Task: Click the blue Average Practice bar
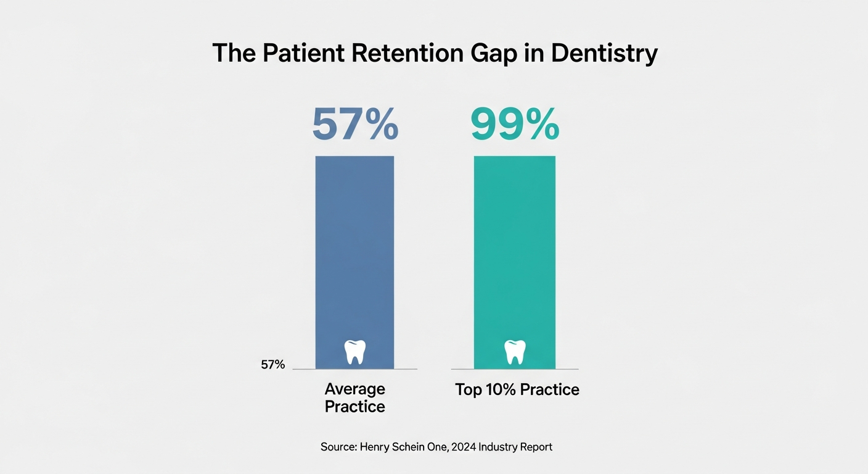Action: (354, 247)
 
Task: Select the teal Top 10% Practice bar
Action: (514, 247)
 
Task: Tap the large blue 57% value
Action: (355, 125)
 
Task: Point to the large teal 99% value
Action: (515, 125)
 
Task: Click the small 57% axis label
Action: (272, 365)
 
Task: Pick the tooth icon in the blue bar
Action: (354, 351)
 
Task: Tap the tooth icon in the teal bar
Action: (515, 351)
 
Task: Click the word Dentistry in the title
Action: (604, 54)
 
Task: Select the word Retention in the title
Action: (407, 54)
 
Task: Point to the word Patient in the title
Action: (302, 54)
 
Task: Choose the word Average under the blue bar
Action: (354, 389)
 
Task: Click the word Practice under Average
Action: (354, 407)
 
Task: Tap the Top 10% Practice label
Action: (517, 390)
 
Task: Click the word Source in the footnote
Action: (336, 447)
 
